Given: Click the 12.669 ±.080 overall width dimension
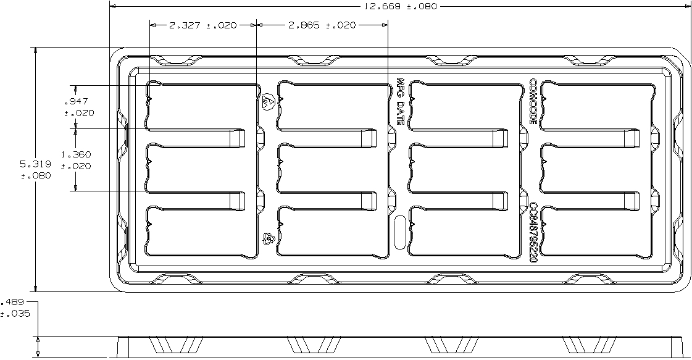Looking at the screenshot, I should click(399, 7).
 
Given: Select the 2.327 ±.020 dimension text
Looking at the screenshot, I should click(202, 25).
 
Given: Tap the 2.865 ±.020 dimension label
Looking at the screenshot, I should click(321, 25).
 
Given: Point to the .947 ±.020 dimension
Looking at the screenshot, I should click(78, 107).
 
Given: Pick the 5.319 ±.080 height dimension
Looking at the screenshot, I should click(35, 169).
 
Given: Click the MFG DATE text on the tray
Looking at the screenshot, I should click(399, 101).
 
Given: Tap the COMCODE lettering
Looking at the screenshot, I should click(534, 101).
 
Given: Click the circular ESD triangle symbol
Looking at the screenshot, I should click(267, 103).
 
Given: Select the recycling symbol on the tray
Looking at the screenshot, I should click(269, 237).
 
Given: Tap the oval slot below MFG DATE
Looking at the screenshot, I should click(399, 233).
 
